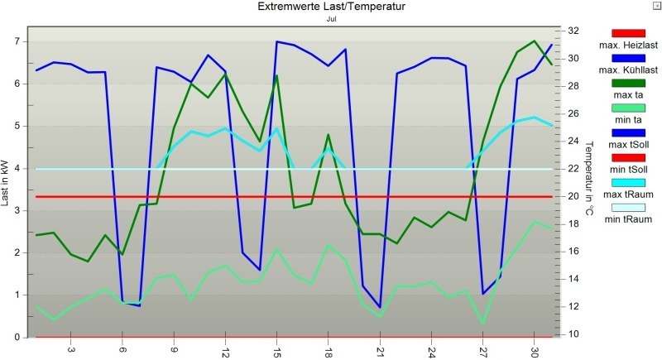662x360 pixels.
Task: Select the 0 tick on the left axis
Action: pos(18,338)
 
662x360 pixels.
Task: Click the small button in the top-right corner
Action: pos(656,5)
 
